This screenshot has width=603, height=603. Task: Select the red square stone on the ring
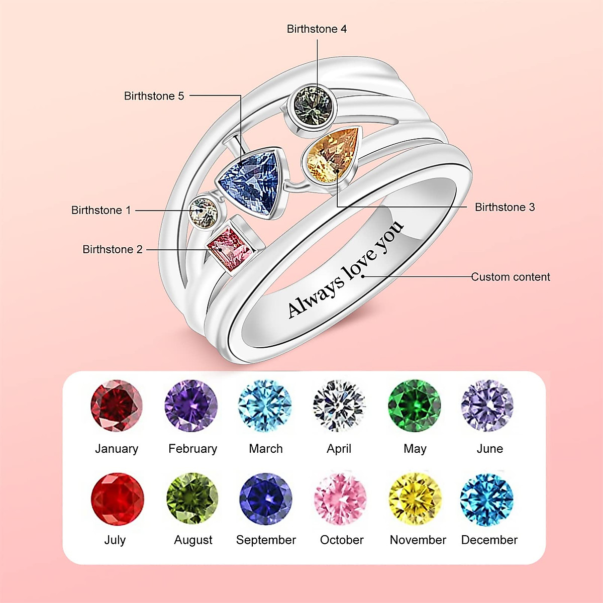tap(231, 248)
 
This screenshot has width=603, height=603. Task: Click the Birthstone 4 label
tap(317, 29)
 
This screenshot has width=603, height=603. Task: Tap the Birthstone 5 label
tap(154, 96)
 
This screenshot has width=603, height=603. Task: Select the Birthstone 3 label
tap(505, 207)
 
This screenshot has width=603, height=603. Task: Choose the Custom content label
tap(511, 277)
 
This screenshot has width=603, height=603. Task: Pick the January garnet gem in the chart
tap(117, 406)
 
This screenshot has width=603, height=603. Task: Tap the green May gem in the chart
tap(415, 406)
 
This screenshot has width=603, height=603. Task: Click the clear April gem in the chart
tap(339, 406)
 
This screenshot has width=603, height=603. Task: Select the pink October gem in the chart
tap(341, 498)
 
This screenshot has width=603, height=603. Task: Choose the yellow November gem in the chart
tap(415, 498)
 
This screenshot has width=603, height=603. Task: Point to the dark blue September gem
tap(266, 498)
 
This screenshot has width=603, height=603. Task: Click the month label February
tap(192, 449)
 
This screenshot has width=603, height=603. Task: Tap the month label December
tap(489, 540)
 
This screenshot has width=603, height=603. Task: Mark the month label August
tap(193, 540)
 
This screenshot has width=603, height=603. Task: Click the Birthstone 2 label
tap(113, 249)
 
